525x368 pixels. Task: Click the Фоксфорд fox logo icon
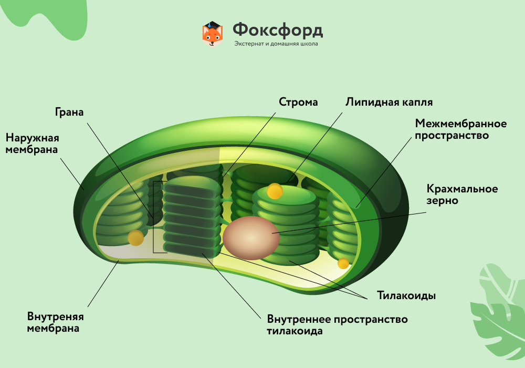(213, 34)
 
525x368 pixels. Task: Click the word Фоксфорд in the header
(278, 29)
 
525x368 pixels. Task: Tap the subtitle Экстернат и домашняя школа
(276, 44)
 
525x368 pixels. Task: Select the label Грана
(69, 112)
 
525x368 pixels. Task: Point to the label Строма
(298, 102)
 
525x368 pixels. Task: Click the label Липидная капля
(389, 102)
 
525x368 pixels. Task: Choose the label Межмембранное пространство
(460, 129)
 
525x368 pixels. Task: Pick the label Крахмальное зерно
(462, 195)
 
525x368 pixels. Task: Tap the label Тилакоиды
(406, 295)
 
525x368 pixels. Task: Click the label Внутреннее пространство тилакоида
(337, 325)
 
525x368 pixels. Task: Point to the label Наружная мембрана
(31, 144)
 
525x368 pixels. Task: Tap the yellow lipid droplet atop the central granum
(275, 191)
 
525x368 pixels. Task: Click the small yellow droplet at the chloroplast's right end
(343, 263)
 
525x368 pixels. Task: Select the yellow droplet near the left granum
(135, 238)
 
